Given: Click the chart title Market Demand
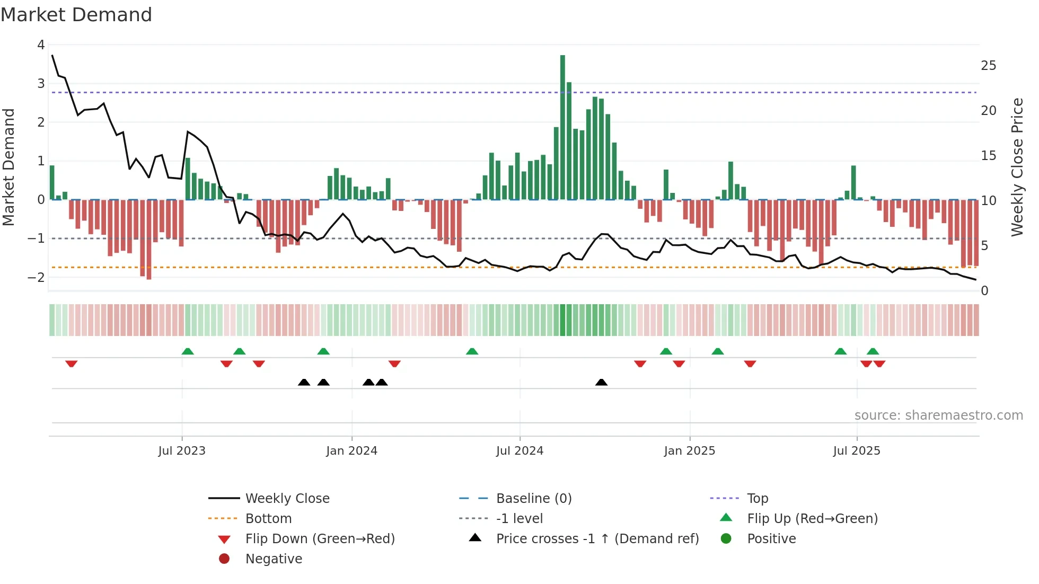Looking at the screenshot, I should coord(76,15).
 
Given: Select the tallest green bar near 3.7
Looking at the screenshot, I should coord(562,127).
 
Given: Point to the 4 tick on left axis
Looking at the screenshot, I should coord(41,45).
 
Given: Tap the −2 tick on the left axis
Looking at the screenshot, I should coord(36,277).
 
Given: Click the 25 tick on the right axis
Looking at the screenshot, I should coord(988,66).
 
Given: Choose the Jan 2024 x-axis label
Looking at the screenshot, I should coord(351,451).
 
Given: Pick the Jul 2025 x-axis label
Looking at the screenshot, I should coord(856,451).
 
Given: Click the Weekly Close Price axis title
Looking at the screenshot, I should coord(1017,167).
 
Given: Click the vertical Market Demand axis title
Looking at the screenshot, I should coord(8,167).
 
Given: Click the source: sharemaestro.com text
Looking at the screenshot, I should coord(938,415).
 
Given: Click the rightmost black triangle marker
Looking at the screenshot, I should coord(601,383).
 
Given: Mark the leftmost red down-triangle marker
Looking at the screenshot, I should coord(72,364).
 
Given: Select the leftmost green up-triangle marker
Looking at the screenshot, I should coord(188,351).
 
